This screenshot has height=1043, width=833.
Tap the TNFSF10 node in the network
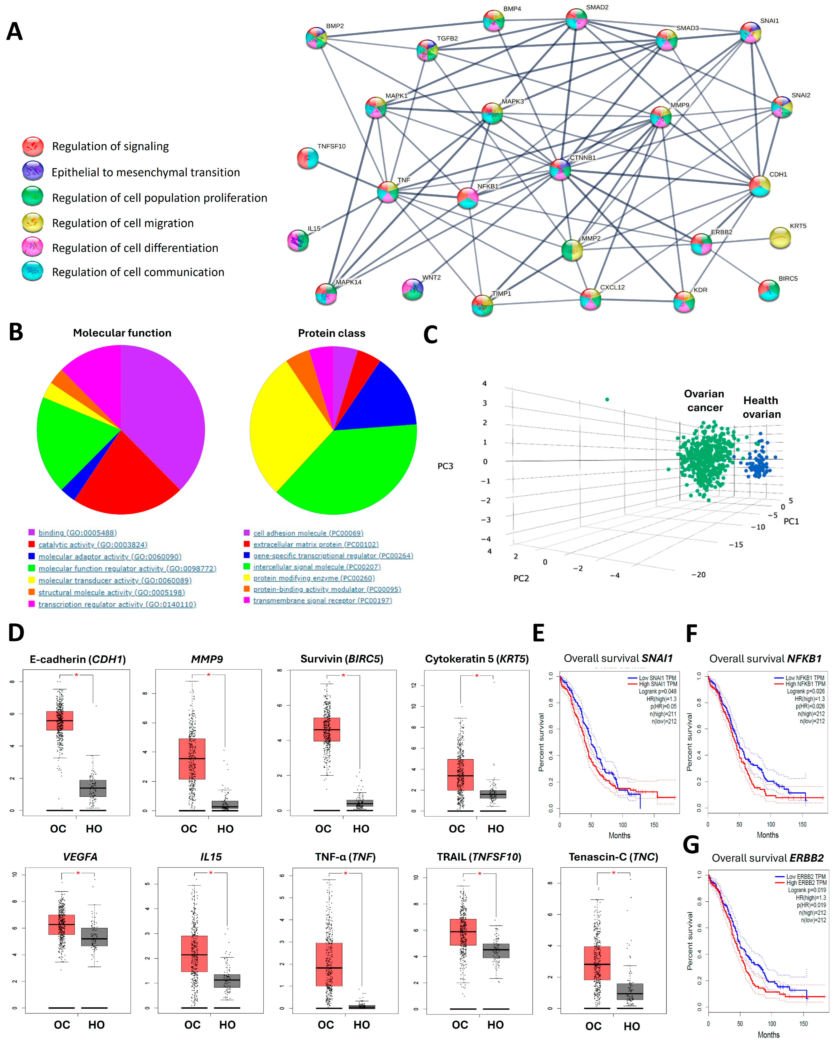[x=308, y=158]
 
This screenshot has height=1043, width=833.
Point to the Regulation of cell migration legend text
[x=123, y=223]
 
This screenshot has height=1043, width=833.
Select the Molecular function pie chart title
[x=122, y=333]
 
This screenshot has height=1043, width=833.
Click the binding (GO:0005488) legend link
[x=77, y=533]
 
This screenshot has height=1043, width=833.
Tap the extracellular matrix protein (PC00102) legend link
[x=315, y=544]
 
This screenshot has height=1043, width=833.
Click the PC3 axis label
[x=445, y=466]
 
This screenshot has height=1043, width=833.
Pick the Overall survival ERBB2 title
[x=767, y=858]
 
